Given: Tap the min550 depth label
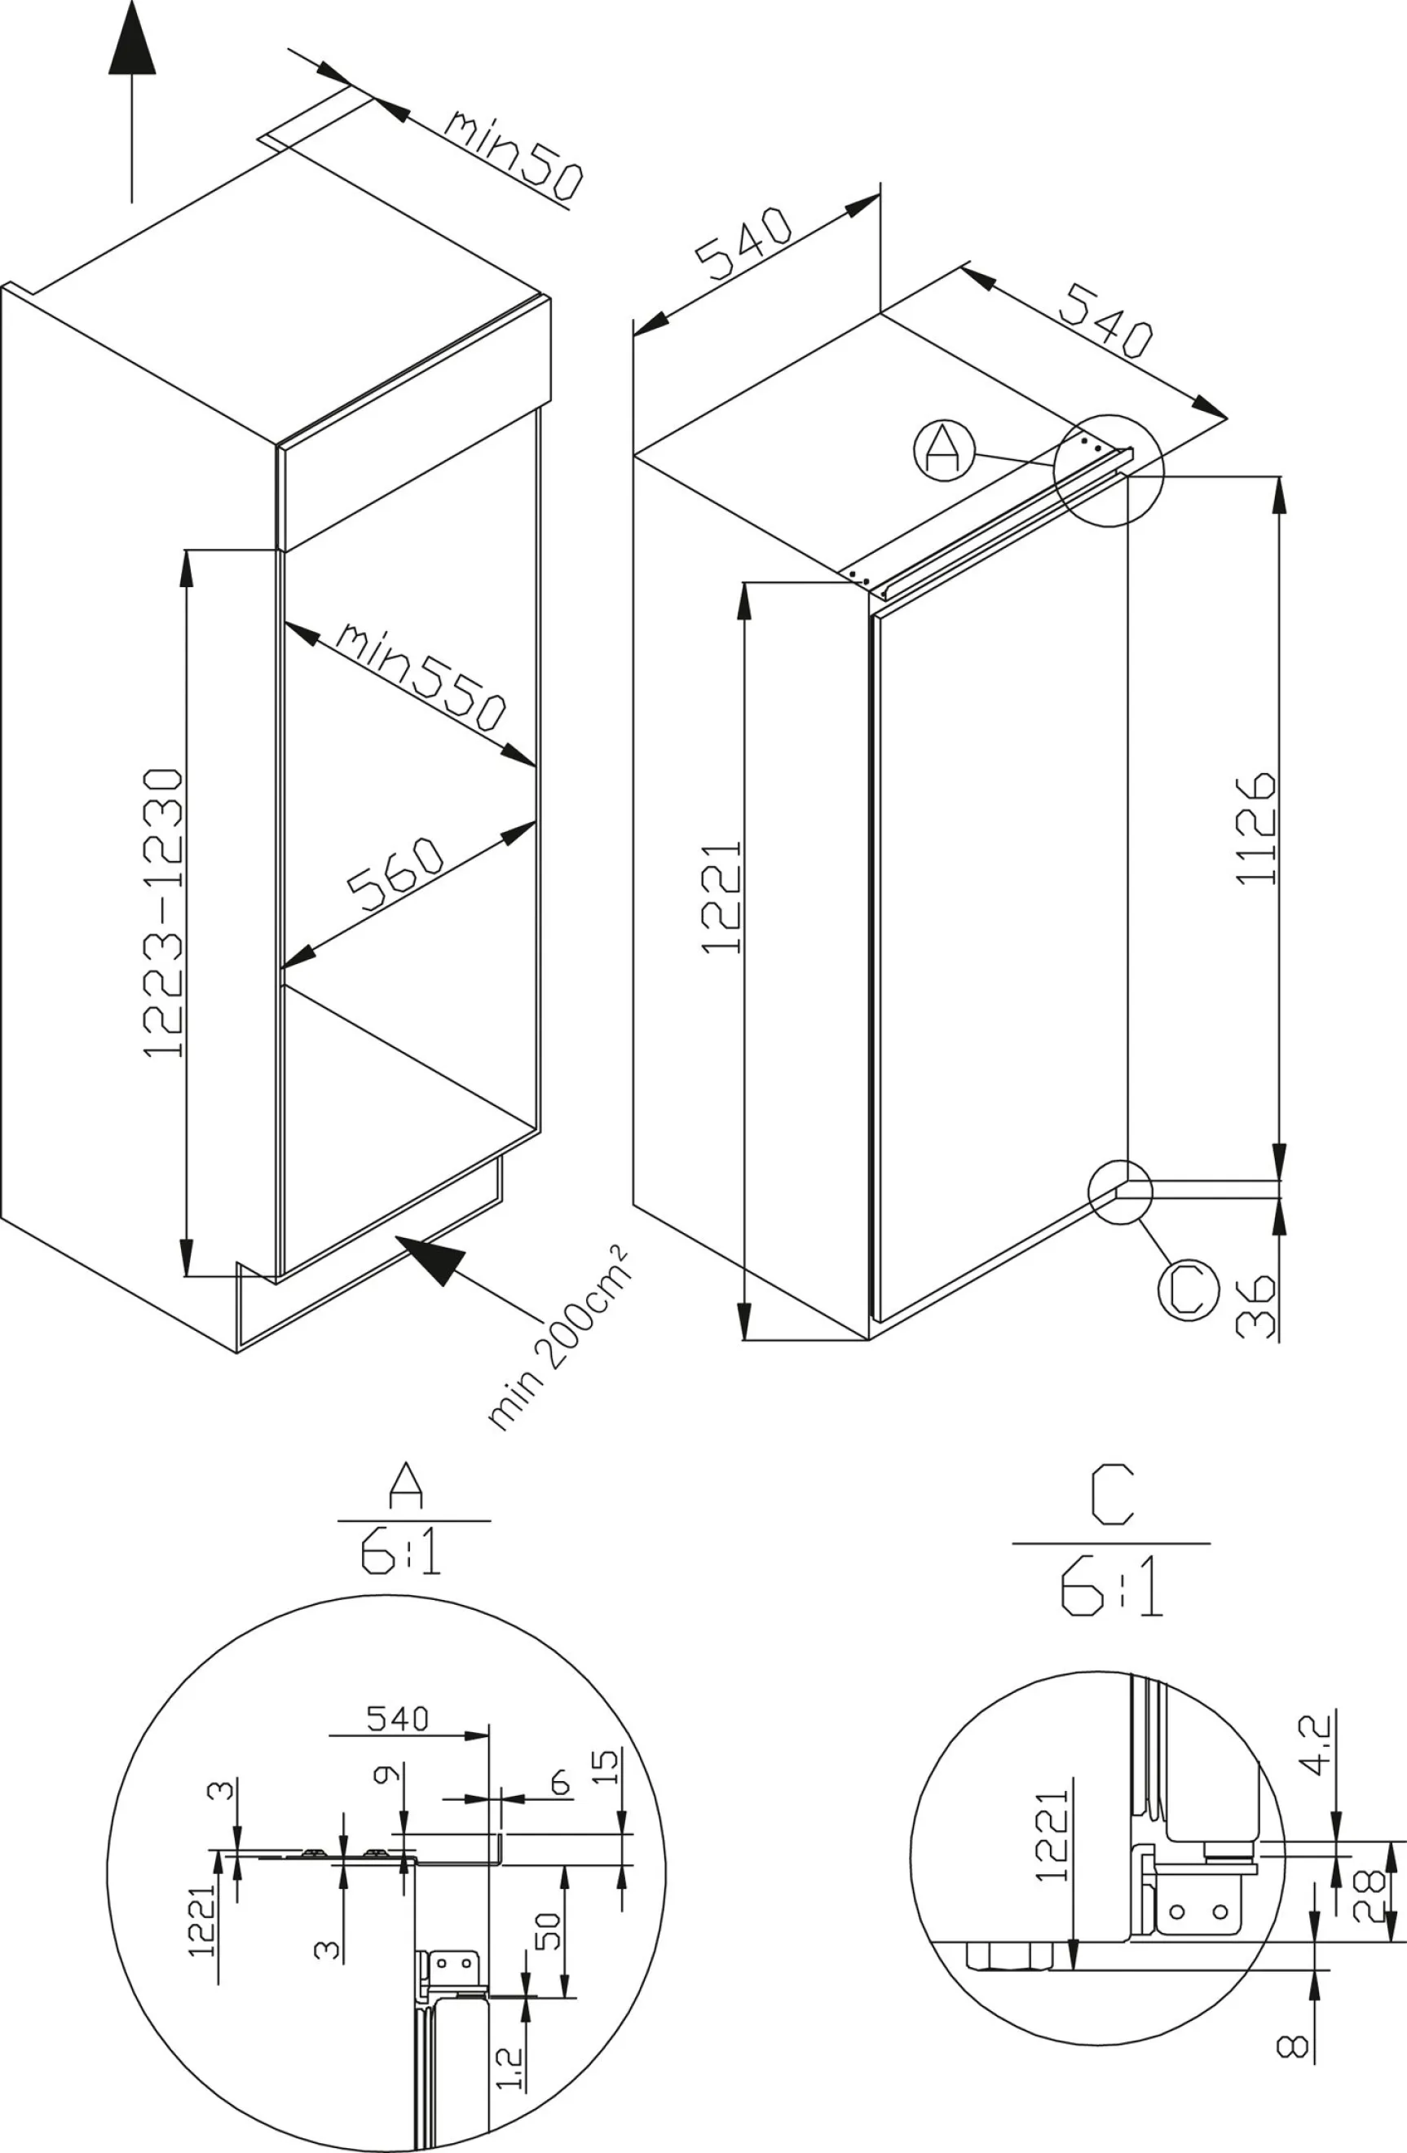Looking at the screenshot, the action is click(421, 677).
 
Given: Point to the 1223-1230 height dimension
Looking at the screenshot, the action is click(164, 913).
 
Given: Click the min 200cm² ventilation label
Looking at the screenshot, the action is click(558, 1339).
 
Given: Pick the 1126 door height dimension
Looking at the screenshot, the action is click(1255, 828).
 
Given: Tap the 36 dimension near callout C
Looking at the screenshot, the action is click(1255, 1306).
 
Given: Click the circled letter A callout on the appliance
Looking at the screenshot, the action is click(944, 449).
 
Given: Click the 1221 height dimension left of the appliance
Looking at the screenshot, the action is click(721, 897).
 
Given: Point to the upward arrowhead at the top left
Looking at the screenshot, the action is click(132, 38).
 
